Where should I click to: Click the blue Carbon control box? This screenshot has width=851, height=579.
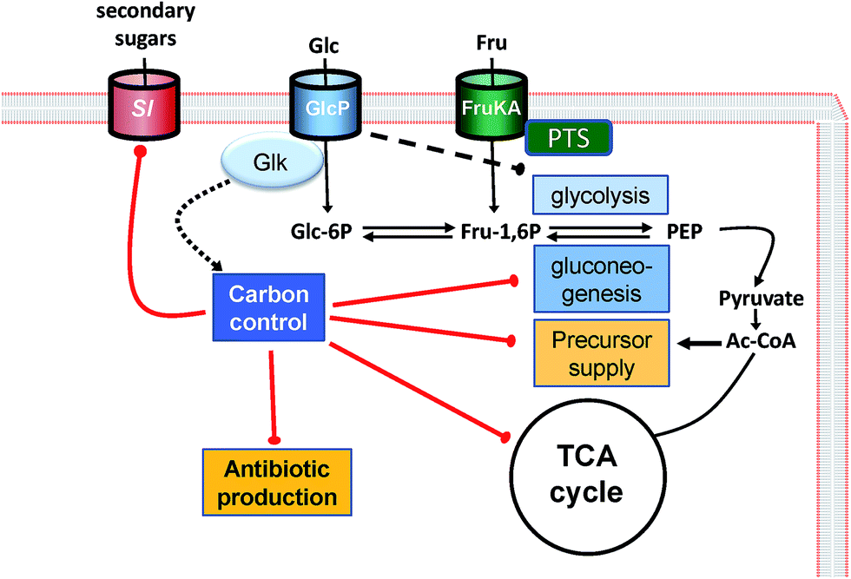pyautogui.click(x=268, y=308)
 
